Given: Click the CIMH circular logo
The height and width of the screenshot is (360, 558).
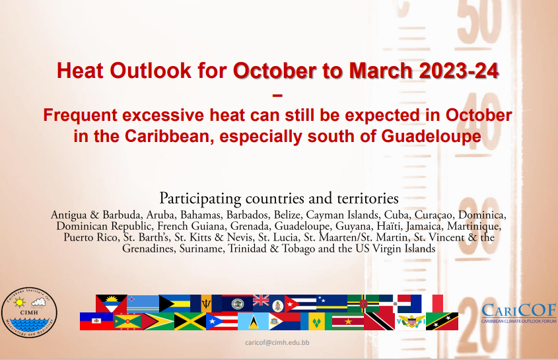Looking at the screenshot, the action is pos(29,312).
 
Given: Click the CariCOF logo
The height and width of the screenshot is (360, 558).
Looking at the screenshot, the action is pos(519,313).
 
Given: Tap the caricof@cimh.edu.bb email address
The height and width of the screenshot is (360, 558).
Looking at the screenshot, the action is pos(277,343).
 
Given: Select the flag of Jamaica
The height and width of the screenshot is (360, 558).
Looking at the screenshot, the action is pos(190,322).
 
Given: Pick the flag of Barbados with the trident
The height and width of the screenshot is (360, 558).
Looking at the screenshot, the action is pos(206,304).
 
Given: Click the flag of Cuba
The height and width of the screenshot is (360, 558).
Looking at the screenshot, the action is pos(300,304).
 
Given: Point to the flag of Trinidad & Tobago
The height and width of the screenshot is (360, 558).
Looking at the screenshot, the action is pos(379,322).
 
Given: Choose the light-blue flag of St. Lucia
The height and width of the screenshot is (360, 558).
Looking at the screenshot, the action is pos(253,322).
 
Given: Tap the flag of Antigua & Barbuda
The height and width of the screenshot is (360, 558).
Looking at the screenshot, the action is pos(112,304).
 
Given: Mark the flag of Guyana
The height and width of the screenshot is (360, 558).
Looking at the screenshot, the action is pos(158,322).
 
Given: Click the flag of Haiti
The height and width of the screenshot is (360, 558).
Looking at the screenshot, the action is pos(96,322).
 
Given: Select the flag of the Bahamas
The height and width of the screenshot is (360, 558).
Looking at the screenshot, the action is pos(174,304).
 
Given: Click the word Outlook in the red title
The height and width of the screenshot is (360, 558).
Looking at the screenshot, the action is pos(151,71).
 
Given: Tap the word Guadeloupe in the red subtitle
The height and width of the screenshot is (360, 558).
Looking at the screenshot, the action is pos(431,136).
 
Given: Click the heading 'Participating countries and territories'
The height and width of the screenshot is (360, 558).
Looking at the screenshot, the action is pos(279,198).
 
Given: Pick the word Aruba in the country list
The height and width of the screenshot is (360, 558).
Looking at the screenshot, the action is pos(161,215).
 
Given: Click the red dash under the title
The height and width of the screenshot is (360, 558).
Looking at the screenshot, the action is pos(277,95).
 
